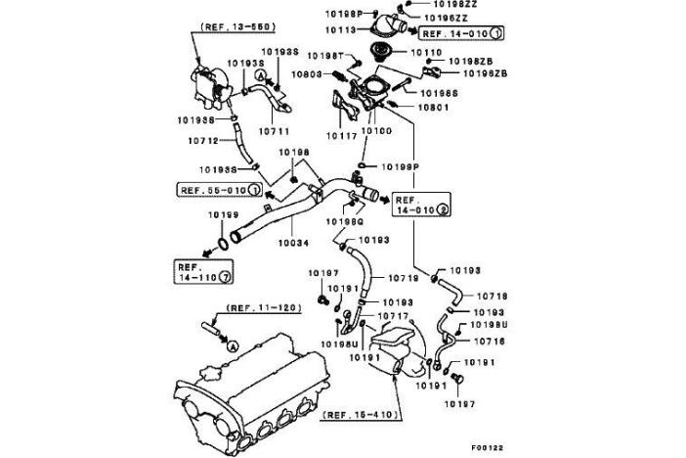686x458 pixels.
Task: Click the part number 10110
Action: point(426,53)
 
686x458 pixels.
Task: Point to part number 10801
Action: point(431,107)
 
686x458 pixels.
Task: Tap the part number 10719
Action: point(403,278)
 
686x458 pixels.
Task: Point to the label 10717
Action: point(393,316)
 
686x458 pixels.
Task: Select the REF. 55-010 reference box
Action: point(218,189)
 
